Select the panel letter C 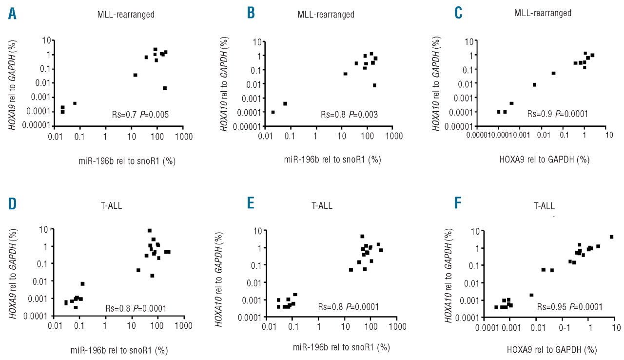[459, 13]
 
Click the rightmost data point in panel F [611, 237]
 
